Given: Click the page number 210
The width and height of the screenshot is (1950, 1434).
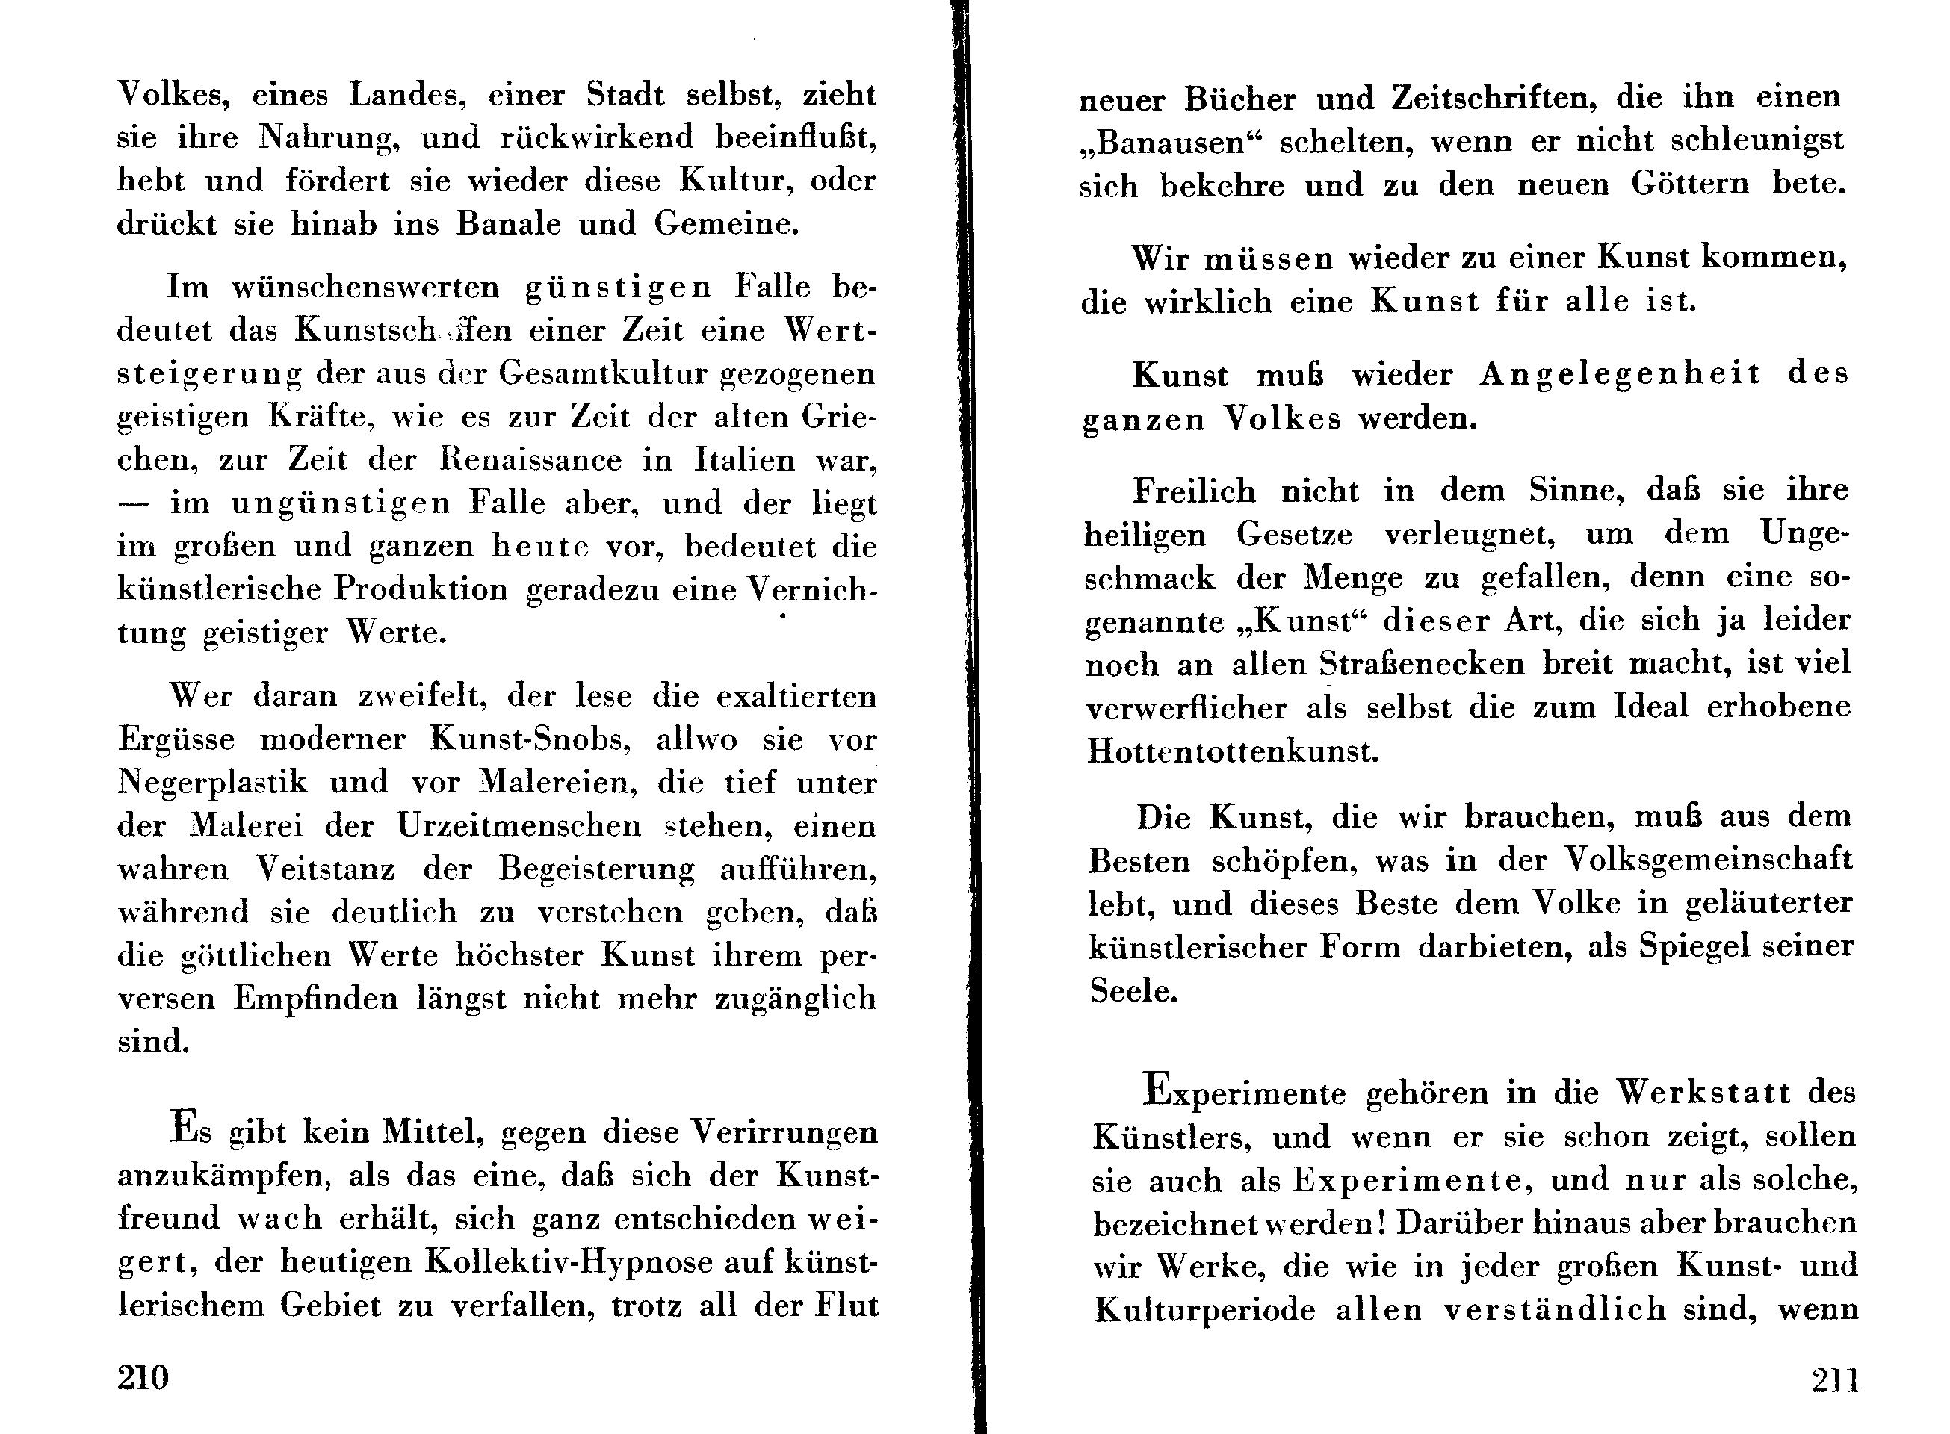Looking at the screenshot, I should [143, 1377].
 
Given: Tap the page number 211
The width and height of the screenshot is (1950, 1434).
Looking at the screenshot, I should [1836, 1380].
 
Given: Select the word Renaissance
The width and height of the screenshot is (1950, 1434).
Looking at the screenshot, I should [531, 460].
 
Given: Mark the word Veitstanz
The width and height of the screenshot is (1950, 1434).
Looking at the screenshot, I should [326, 869].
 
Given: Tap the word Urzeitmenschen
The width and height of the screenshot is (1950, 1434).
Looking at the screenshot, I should [519, 825].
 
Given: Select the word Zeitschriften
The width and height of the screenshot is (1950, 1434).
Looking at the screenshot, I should [1494, 98].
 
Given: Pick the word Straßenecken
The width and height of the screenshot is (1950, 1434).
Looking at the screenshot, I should [1422, 664].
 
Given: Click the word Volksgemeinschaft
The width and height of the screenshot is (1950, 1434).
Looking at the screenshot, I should [1709, 860].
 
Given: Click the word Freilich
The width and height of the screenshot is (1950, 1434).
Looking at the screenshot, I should [1194, 491].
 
